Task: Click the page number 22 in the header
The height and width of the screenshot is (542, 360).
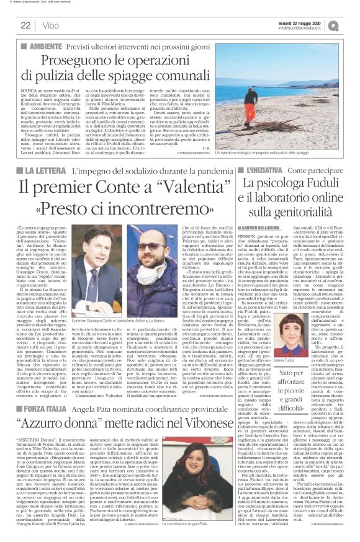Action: click(x=25, y=25)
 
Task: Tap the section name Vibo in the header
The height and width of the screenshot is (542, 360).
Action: click(x=52, y=25)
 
